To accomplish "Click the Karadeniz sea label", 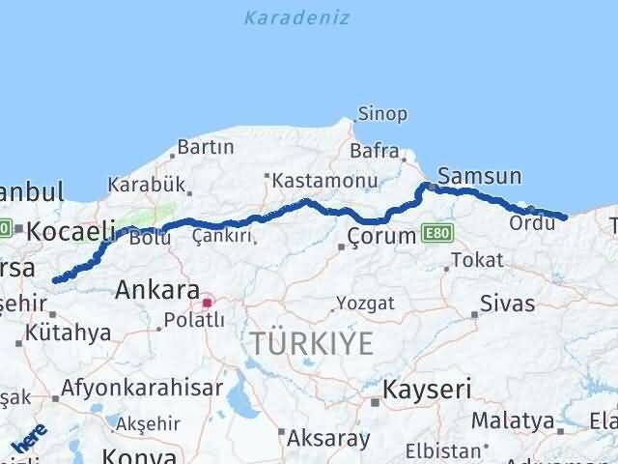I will [296, 17].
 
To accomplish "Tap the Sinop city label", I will [382, 114].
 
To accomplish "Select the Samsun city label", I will [479, 176].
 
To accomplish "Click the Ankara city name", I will [157, 289].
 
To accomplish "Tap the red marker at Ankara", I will [207, 304].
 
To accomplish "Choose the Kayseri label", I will [427, 390].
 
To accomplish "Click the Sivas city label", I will [508, 304].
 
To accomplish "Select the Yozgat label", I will [365, 304].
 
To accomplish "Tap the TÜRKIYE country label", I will [311, 342].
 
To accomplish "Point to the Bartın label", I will [206, 148].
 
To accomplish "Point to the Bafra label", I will [375, 152].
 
